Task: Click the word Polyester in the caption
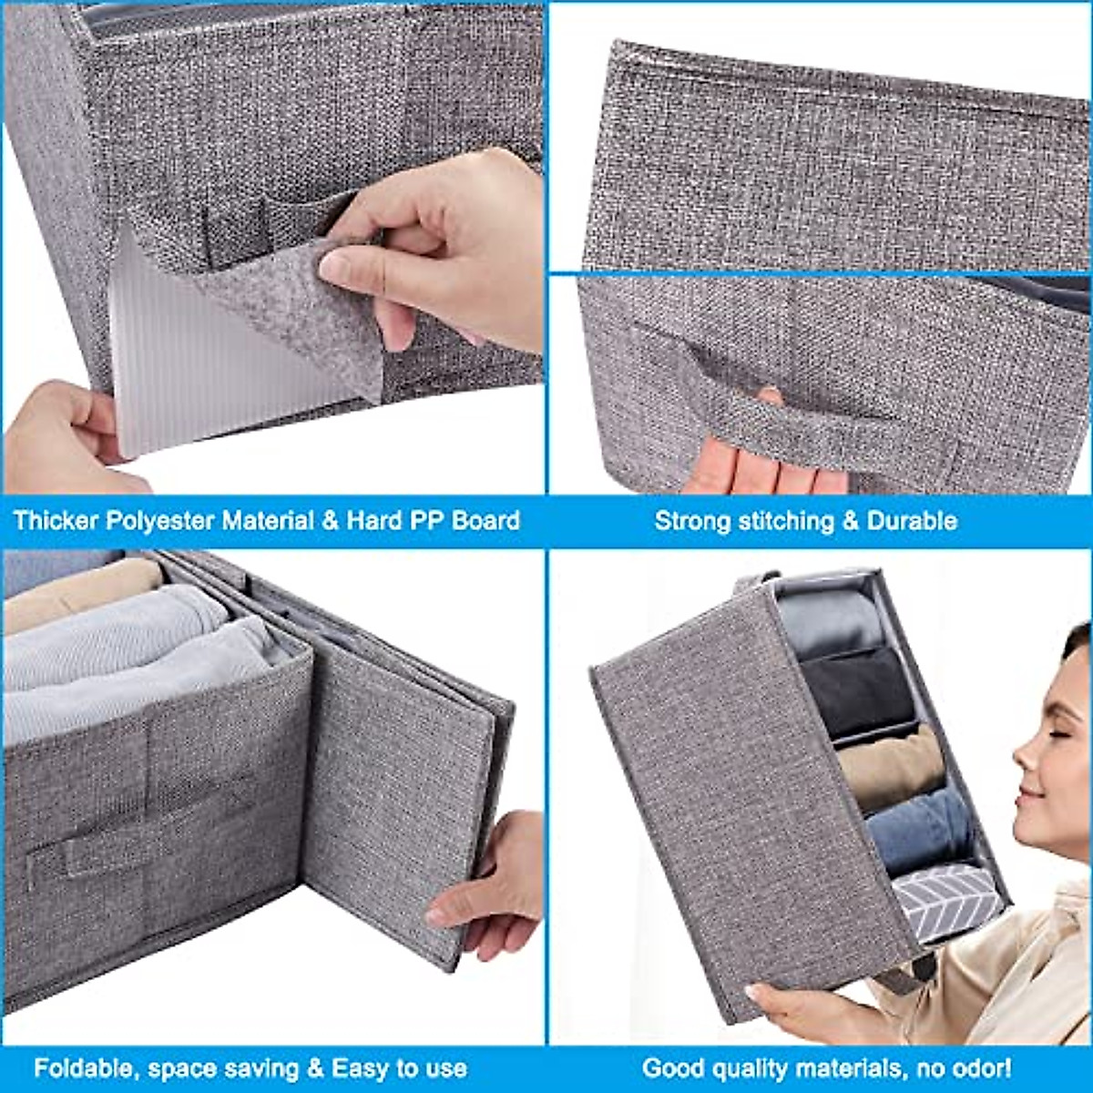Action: pos(160,521)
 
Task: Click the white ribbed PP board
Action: pos(182,364)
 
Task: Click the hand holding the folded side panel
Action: pos(487,893)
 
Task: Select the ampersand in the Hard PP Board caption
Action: pos(329,521)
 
